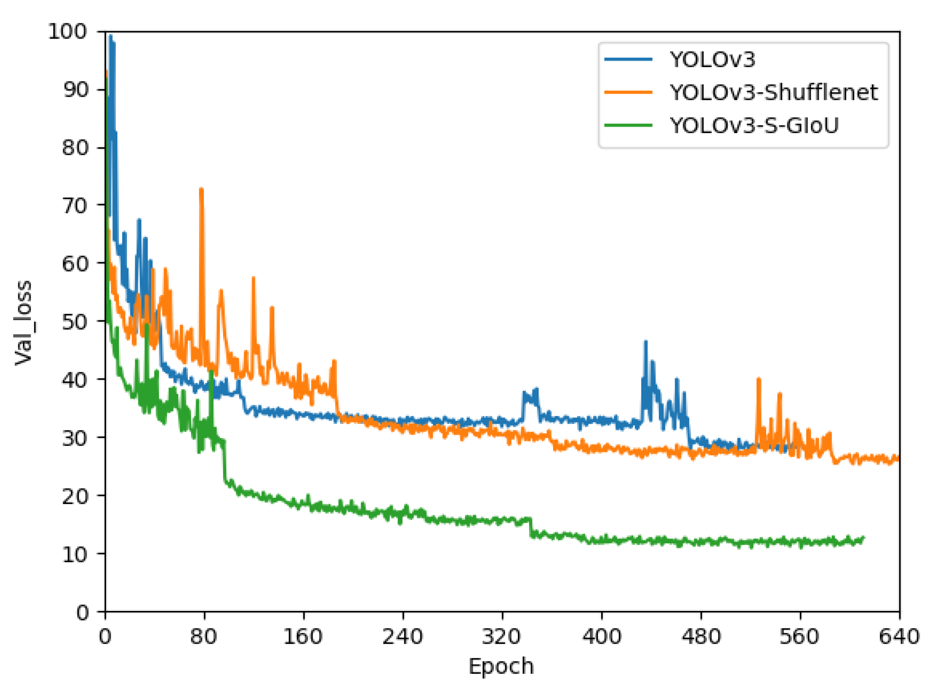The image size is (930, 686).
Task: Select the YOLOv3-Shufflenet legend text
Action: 773,92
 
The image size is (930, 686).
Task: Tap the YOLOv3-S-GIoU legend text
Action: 753,125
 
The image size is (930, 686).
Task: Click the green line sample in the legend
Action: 628,125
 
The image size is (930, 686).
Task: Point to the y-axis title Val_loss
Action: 23,323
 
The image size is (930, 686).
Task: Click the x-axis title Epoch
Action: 501,667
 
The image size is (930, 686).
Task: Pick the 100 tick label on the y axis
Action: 68,32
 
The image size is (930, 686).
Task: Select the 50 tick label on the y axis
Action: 75,322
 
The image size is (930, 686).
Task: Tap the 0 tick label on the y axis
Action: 82,612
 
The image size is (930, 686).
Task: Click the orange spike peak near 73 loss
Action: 202,189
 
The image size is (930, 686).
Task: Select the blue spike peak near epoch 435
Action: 646,342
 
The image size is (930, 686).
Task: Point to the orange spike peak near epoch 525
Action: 758,379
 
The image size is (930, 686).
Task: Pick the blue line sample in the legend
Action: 628,59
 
